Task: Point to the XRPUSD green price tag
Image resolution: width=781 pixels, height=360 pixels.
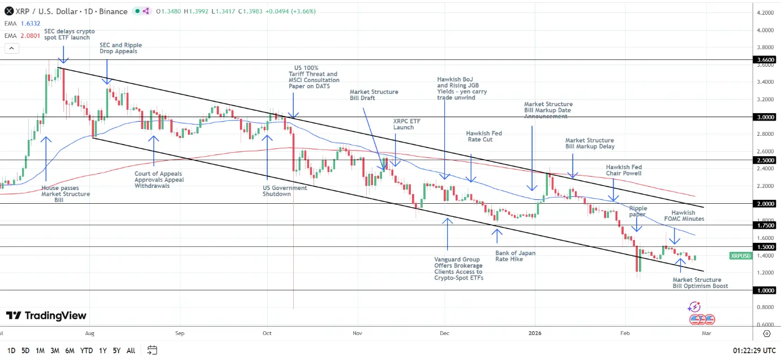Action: [740, 256]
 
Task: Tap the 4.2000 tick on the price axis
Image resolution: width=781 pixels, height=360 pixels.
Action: [765, 12]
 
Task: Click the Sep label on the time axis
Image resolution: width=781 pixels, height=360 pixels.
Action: [180, 334]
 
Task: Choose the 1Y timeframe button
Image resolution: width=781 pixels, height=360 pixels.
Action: [102, 350]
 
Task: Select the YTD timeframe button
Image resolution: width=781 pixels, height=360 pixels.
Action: [86, 350]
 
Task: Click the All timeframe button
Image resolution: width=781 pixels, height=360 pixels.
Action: [131, 350]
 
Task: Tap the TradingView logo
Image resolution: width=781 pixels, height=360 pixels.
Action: [46, 316]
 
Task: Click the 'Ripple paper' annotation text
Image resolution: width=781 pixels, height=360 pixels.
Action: [638, 211]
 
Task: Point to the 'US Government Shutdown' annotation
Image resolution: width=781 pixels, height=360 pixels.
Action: [285, 191]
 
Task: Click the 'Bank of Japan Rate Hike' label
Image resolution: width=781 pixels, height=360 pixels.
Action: [515, 256]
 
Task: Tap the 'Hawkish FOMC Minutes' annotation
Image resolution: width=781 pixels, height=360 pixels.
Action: [688, 215]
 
